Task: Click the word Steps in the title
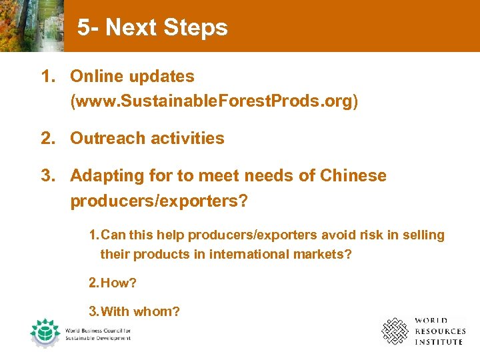196,28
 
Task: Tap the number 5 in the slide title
83,28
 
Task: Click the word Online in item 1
96,77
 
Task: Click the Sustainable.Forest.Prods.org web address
214,101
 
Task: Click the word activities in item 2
187,139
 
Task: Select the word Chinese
353,176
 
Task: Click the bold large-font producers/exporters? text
159,201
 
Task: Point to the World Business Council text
98,334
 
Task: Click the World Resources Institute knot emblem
394,331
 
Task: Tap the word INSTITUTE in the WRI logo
438,342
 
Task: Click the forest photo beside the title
31,25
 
